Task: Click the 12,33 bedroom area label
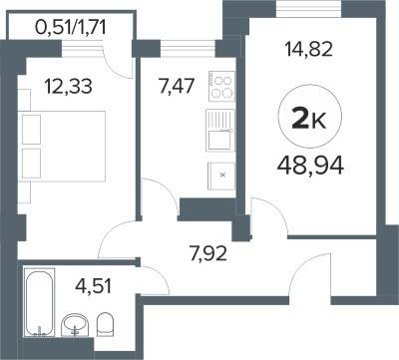(x=68, y=87)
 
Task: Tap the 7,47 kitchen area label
(x=177, y=87)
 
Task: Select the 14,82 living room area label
(x=308, y=50)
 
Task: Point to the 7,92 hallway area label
(x=208, y=253)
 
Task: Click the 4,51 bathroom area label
(x=94, y=286)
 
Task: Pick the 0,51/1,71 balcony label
(x=71, y=27)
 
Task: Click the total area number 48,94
(x=310, y=166)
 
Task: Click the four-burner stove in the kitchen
(x=221, y=86)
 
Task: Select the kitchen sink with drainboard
(x=220, y=131)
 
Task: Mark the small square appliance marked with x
(x=221, y=176)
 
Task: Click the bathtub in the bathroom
(x=40, y=303)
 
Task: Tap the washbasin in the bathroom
(x=75, y=325)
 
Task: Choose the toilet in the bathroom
(x=105, y=324)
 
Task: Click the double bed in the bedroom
(x=64, y=147)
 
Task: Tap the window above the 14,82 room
(x=308, y=9)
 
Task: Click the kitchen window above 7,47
(x=189, y=48)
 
